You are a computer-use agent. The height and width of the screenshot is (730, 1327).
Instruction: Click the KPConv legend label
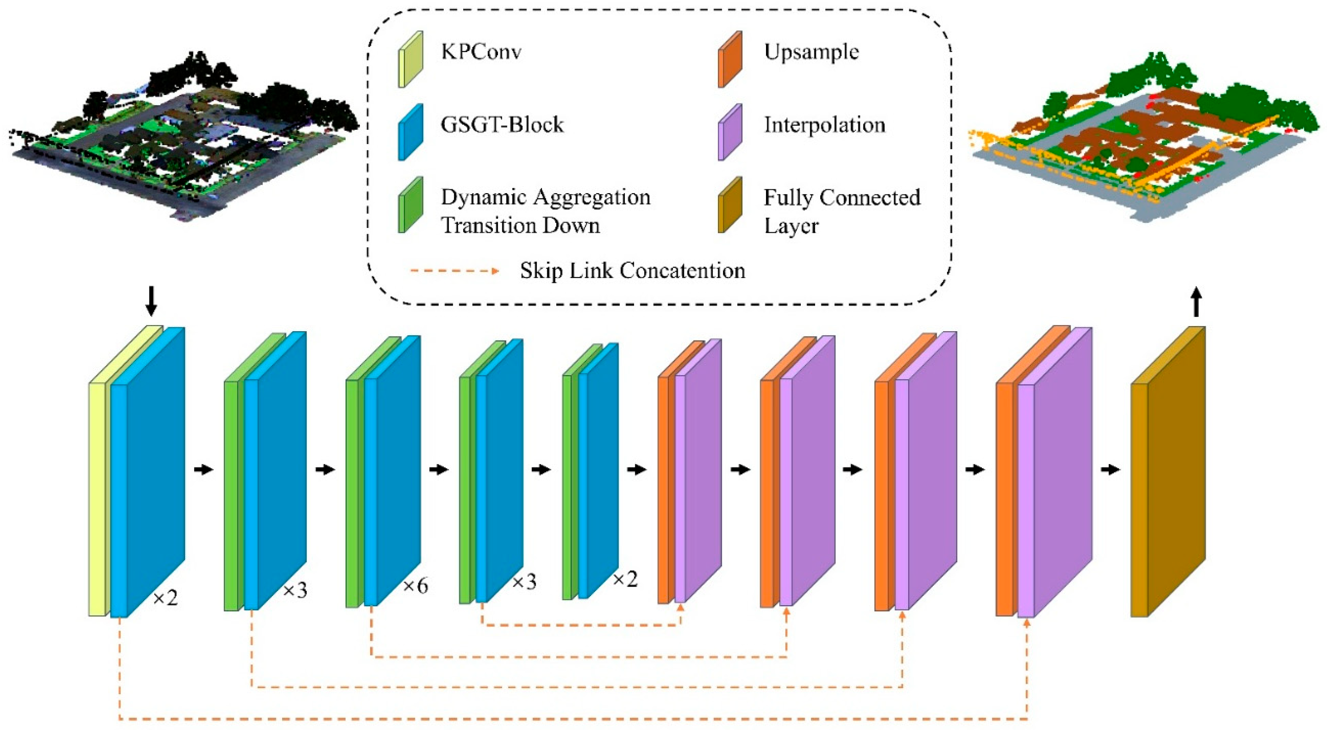click(x=481, y=52)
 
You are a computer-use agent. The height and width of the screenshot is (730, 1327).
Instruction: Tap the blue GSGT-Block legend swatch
click(x=410, y=132)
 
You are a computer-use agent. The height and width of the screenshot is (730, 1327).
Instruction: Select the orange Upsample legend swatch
click(x=730, y=59)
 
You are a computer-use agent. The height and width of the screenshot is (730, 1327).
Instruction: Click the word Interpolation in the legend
click(x=824, y=125)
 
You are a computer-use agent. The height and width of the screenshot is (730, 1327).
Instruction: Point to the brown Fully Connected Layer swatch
click(x=730, y=205)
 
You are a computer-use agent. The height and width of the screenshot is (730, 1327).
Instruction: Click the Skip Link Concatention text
click(x=632, y=271)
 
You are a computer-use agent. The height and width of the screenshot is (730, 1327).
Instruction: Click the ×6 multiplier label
click(x=415, y=586)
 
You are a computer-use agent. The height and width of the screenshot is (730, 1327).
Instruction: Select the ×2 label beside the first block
click(x=165, y=598)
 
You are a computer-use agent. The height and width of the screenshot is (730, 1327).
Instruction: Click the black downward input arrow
click(x=151, y=302)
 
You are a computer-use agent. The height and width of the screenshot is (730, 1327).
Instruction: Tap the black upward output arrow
click(x=1196, y=303)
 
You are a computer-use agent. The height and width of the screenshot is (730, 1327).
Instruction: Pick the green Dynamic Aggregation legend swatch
click(x=410, y=205)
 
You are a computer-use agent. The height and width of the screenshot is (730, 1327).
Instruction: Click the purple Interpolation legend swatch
click(x=730, y=132)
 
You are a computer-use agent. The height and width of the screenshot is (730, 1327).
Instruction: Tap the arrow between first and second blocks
click(x=204, y=470)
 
